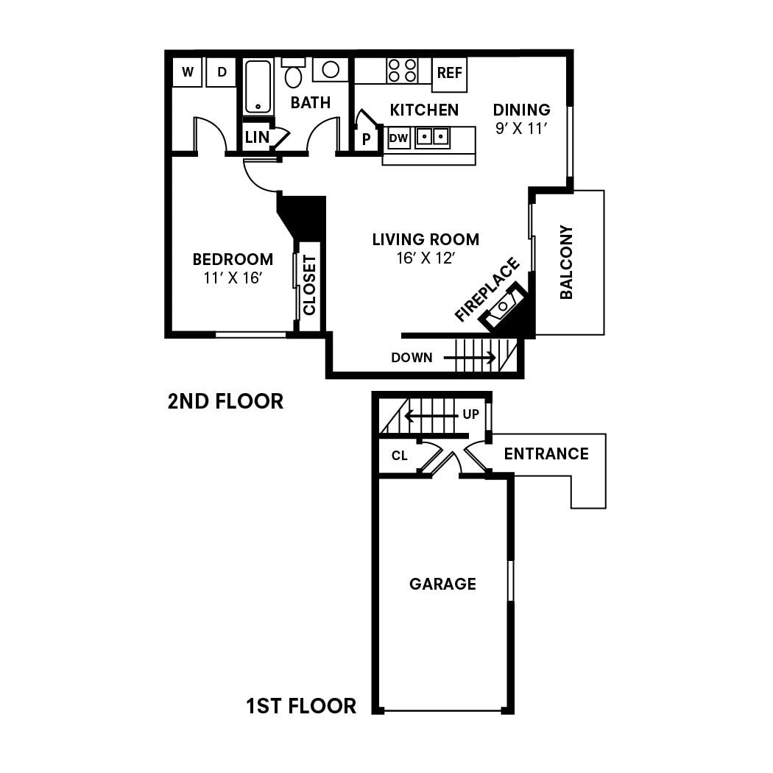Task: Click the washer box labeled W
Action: (x=187, y=73)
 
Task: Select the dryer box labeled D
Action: (x=221, y=73)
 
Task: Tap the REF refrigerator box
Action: (x=449, y=74)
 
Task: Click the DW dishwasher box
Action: (x=398, y=138)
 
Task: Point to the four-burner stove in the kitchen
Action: (x=402, y=71)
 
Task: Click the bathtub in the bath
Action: (x=258, y=87)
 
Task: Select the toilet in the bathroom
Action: (x=293, y=74)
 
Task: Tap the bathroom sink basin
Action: (x=331, y=70)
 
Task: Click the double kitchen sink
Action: (x=432, y=137)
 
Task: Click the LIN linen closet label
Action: (x=256, y=137)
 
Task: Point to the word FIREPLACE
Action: (x=487, y=289)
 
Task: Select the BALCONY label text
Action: (x=566, y=262)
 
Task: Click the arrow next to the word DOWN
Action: (x=470, y=358)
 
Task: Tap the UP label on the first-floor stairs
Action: (x=470, y=414)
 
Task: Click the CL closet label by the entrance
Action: (x=399, y=456)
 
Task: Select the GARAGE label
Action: (x=442, y=584)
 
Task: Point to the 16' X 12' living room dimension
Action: (x=425, y=258)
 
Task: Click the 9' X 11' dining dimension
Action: (x=521, y=127)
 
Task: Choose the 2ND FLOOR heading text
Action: (x=225, y=401)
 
